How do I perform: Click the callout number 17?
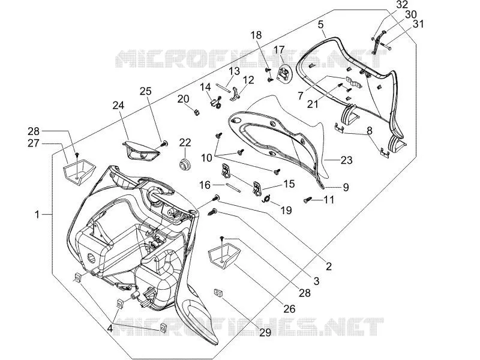[279, 50]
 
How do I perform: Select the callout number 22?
[185, 142]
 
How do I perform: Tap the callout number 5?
[320, 25]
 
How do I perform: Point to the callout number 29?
[265, 332]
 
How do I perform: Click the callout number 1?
[37, 215]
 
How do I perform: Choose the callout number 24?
[118, 106]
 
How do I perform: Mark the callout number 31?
[418, 24]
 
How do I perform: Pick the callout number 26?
[289, 309]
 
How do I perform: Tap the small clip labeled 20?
[197, 112]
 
